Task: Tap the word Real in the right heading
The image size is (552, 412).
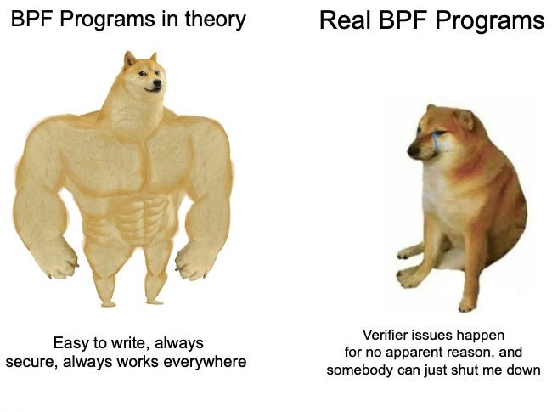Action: (x=342, y=20)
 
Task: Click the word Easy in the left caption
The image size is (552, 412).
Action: (x=70, y=343)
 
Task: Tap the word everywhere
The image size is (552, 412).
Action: (x=210, y=362)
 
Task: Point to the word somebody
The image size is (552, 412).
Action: (x=361, y=370)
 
